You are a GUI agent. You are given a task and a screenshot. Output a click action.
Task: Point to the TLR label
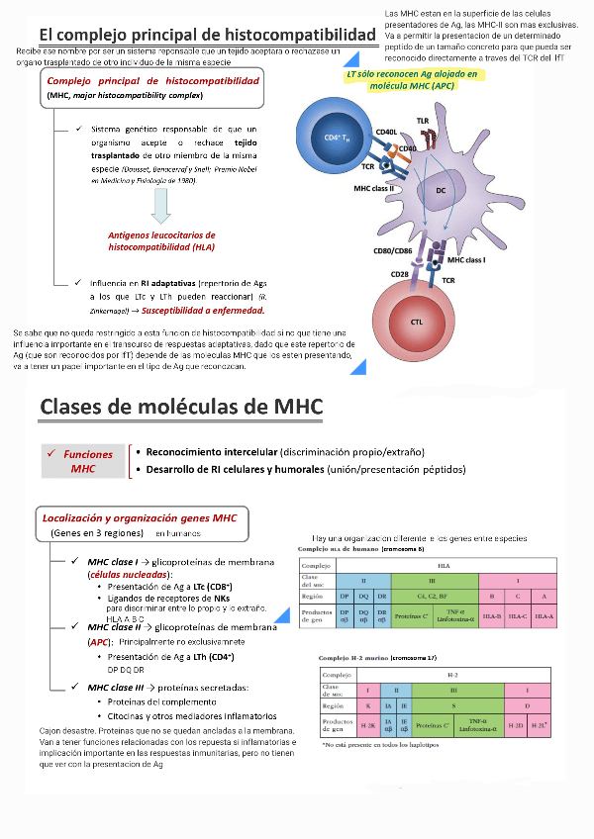423,121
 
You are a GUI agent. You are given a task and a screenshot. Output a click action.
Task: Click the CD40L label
386,132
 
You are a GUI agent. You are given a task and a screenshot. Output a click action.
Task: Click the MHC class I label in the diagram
466,260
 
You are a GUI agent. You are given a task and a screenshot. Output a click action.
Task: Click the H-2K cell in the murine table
367,725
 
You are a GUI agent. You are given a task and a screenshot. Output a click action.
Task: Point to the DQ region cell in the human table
363,597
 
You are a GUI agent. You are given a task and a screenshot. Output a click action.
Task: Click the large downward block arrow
161,207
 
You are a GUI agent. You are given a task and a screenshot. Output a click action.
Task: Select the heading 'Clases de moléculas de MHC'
181,406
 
